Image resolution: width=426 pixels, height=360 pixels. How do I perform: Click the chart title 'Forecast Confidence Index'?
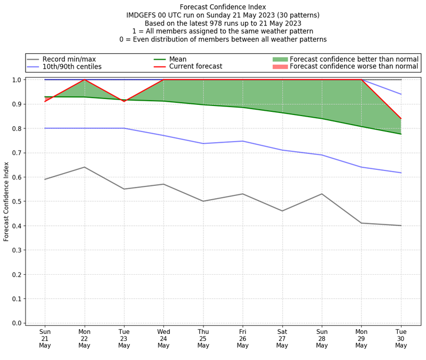point(223,7)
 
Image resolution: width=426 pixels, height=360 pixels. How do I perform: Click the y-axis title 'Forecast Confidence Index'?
point(7,201)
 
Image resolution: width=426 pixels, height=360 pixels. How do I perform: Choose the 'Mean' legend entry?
point(177,59)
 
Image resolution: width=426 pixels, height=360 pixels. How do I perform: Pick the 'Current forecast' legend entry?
point(195,67)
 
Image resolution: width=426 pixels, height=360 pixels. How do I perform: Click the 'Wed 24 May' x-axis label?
point(163,338)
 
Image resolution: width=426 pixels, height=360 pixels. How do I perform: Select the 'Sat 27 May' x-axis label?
point(282,338)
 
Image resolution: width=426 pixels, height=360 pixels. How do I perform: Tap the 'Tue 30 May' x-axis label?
point(401,338)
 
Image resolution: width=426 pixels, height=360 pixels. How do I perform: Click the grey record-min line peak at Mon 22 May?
point(84,167)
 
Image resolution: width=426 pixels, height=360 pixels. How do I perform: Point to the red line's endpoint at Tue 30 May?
point(401,119)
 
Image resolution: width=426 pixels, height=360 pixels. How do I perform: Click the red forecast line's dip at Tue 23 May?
point(124,101)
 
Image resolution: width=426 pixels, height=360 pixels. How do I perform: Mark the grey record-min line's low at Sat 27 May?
point(282,211)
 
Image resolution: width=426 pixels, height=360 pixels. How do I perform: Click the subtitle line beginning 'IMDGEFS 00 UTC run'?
point(223,15)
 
